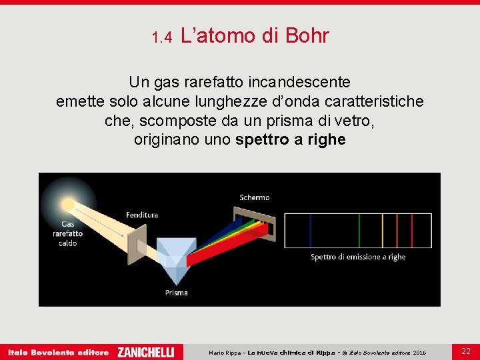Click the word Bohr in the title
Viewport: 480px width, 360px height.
(307, 36)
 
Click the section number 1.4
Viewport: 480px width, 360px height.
(162, 38)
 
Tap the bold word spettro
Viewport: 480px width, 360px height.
(261, 140)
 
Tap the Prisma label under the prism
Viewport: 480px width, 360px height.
(177, 292)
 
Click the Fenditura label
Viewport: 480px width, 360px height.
(141, 215)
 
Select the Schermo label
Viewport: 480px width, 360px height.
(255, 197)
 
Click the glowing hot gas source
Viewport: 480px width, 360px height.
(68, 203)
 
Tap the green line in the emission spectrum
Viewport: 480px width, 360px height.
(360, 230)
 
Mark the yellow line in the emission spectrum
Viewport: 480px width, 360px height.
(381, 230)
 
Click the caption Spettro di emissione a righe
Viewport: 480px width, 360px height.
(358, 257)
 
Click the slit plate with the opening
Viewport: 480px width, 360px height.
(137, 240)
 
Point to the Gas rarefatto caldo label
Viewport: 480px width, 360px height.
(68, 233)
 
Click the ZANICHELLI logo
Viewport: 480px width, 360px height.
(145, 352)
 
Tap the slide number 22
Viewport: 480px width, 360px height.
(466, 351)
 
